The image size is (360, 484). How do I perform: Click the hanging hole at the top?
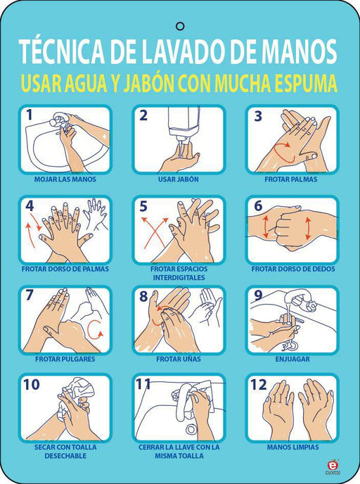tap(180, 26)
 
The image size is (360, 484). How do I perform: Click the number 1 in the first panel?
tap(29, 115)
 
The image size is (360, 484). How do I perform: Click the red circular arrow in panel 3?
tap(284, 153)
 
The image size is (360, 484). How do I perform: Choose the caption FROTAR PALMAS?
tap(290, 179)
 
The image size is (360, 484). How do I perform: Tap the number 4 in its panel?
tap(30, 206)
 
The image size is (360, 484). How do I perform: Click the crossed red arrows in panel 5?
tap(155, 232)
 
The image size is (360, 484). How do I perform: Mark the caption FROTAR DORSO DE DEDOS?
tap(293, 269)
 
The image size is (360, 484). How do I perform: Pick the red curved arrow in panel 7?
tap(94, 329)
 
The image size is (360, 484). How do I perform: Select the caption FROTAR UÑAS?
tap(179, 359)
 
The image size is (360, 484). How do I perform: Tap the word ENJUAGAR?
tap(292, 359)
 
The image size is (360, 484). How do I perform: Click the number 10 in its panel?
tap(32, 385)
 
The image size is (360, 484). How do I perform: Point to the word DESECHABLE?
tap(65, 456)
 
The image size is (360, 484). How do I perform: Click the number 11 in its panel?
tap(143, 385)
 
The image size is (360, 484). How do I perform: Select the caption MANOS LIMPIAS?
tap(292, 447)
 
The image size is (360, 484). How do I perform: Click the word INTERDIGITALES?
tap(179, 278)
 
